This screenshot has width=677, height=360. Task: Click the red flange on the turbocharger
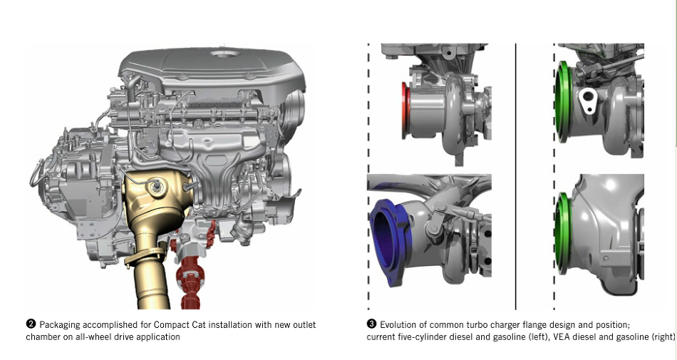pos(405,110)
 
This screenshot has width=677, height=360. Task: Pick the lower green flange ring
pos(563,233)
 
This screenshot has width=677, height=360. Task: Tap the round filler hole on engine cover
pos(224,54)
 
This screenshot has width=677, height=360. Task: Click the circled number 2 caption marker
pos(31,324)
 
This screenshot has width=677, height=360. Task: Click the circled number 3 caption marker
pos(371,324)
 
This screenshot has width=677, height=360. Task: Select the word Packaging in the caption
pos(59,325)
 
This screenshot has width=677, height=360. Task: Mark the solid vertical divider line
pos(515,176)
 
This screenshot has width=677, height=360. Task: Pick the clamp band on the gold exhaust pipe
pos(145,257)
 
